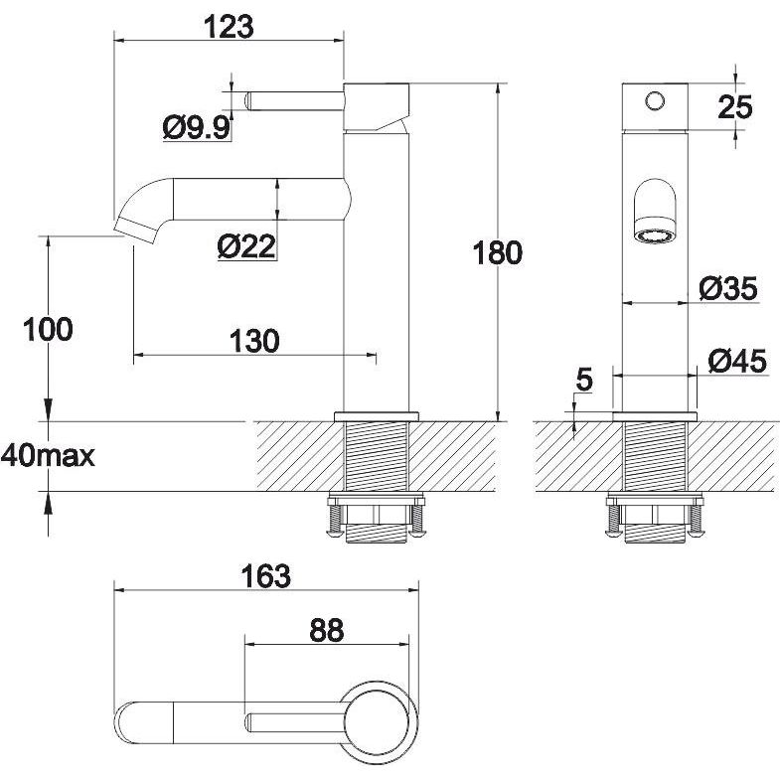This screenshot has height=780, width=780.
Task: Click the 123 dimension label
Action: pyautogui.click(x=229, y=27)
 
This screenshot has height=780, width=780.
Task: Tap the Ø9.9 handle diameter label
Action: pyautogui.click(x=197, y=128)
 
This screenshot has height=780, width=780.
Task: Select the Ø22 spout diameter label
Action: pyautogui.click(x=246, y=245)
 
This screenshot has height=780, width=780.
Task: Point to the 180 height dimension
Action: pyautogui.click(x=498, y=252)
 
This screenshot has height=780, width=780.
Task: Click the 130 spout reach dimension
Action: pyautogui.click(x=254, y=341)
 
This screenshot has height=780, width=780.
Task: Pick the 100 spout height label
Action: pyautogui.click(x=49, y=329)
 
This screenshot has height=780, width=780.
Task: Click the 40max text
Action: pyautogui.click(x=48, y=456)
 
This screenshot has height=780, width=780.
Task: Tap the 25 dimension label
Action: pyautogui.click(x=735, y=107)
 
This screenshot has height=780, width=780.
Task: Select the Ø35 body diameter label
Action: pyautogui.click(x=728, y=288)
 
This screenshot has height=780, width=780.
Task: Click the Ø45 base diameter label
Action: pyautogui.click(x=737, y=361)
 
